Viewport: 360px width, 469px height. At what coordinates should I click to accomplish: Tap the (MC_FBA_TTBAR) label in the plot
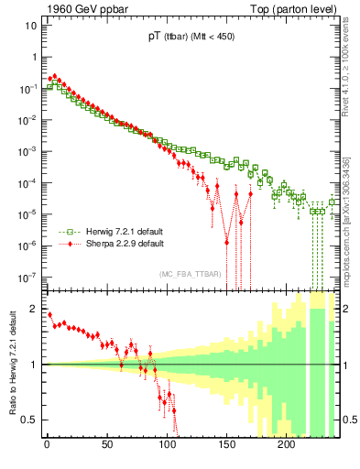coord(189,274)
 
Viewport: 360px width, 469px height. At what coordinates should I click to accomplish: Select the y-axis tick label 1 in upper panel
coord(33,57)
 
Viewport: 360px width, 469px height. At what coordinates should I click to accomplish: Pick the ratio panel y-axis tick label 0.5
coord(31,420)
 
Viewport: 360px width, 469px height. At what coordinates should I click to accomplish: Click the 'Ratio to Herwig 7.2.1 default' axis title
coord(12,363)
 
